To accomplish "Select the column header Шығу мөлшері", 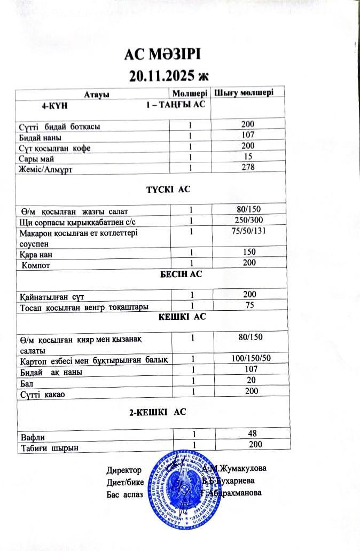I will pos(244,92).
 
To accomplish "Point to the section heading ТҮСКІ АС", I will pos(168,190).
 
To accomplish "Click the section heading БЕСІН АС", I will pos(181,274).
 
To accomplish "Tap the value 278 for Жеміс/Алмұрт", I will pos(248,167).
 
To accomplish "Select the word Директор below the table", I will pos(124,470).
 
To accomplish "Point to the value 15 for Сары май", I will pos(248,156).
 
